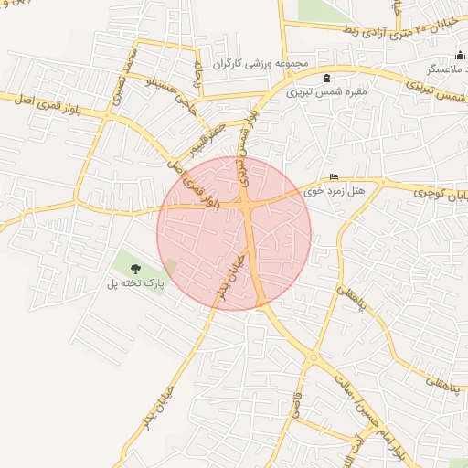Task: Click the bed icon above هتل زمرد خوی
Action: [x=334, y=177]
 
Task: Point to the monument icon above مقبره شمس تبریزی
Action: [x=326, y=78]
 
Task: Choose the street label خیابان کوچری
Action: [x=437, y=193]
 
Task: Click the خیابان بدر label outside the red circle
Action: [x=157, y=409]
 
